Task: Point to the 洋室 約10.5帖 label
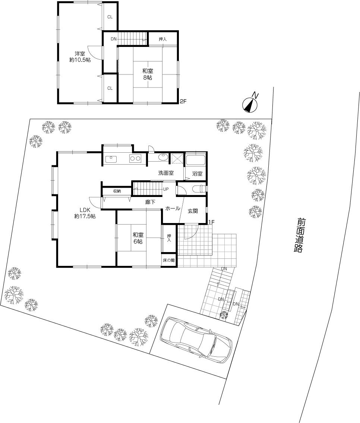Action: (x=80, y=57)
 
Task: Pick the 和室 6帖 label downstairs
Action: (x=138, y=238)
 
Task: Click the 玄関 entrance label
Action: (x=192, y=211)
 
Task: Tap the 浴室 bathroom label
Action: (x=198, y=174)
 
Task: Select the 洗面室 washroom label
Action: (x=166, y=173)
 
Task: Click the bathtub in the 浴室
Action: (x=195, y=161)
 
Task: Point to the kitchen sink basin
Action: (x=111, y=159)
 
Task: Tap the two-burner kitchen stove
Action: (x=135, y=159)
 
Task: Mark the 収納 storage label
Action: (x=117, y=191)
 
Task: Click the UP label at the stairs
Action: (x=166, y=189)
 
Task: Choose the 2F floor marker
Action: (x=183, y=101)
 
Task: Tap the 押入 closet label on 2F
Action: (x=162, y=39)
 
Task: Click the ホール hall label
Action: (x=173, y=209)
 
